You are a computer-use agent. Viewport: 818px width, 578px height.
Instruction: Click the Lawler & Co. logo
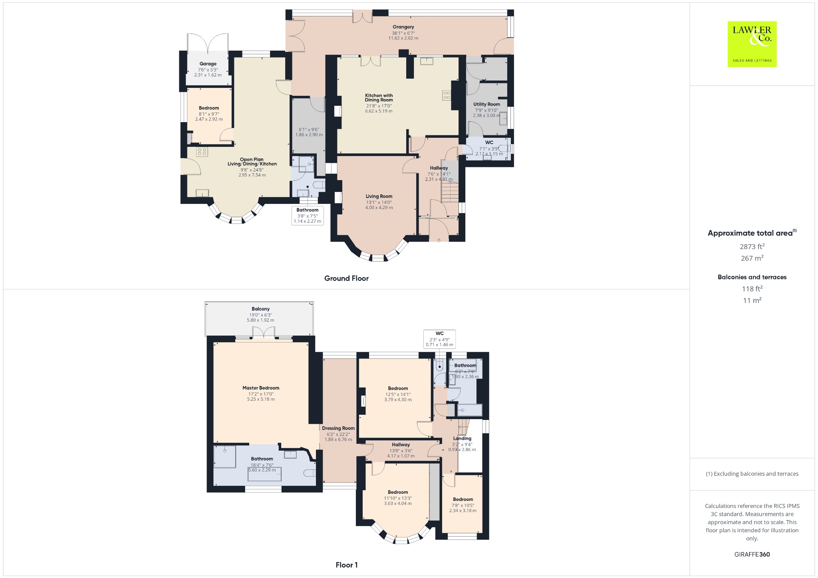752,44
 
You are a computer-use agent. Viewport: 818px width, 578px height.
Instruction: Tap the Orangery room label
403,27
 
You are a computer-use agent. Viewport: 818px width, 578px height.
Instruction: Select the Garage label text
208,64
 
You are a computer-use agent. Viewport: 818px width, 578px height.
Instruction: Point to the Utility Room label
486,104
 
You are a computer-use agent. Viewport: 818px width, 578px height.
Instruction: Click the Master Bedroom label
261,388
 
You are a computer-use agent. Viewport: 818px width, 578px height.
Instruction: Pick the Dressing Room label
338,428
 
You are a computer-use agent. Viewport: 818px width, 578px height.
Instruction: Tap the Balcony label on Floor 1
260,309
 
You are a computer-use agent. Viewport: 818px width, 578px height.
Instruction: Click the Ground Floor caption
346,278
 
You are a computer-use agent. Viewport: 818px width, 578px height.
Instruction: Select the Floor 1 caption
347,565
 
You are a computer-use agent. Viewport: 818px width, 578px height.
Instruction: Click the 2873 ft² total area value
752,247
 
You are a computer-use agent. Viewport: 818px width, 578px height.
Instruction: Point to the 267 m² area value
752,258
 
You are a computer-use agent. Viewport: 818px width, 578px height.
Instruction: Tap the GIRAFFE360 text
752,554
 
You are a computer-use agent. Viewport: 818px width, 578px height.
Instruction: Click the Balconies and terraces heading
752,277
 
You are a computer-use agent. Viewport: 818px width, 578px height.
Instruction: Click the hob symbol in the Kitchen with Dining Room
446,95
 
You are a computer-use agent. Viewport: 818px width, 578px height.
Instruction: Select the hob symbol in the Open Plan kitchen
202,152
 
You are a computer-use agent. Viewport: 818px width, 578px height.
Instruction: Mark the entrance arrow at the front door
439,240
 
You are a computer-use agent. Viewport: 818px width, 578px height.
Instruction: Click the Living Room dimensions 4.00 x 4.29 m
379,208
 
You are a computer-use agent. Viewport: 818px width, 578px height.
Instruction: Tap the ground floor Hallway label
439,168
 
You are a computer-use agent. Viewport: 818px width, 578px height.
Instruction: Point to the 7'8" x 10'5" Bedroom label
463,499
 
